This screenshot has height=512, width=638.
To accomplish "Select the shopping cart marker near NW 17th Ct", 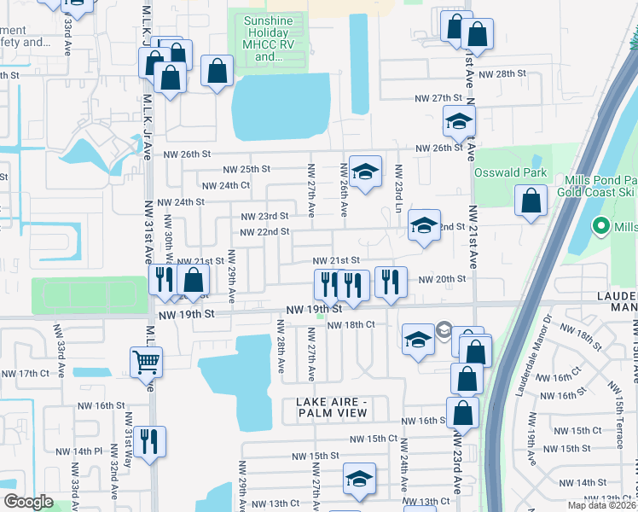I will tap(146, 363).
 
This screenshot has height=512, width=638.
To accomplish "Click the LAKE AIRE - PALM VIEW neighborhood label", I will tap(332, 407).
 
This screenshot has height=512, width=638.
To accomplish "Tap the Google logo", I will tap(28, 502).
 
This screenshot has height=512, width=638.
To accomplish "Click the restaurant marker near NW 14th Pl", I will tap(149, 442).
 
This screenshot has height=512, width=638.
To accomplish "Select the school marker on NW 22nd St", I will tap(424, 226).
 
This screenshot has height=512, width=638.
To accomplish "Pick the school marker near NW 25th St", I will tap(364, 172).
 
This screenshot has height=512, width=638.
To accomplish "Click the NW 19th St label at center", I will tap(314, 310).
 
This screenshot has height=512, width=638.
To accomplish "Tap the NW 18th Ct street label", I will tap(351, 324).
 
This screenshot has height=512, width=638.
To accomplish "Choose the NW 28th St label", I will tap(502, 74).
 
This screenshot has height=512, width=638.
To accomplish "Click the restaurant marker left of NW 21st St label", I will tap(161, 280).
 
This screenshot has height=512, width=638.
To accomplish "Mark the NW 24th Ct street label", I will tap(225, 185).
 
